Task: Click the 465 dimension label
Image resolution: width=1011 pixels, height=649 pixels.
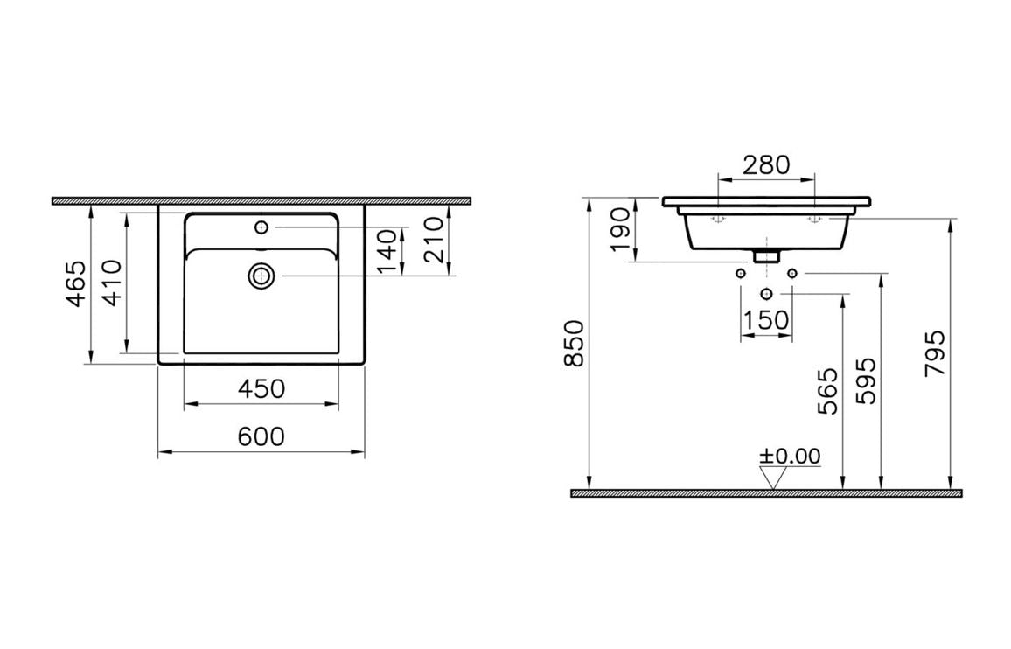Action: point(77,284)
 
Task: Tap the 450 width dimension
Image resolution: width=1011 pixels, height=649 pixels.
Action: point(261,389)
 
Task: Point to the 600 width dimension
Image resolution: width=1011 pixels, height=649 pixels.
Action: point(261,436)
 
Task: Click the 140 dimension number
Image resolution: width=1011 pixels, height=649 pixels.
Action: point(391,250)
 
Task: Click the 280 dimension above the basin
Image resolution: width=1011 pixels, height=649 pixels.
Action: point(765,164)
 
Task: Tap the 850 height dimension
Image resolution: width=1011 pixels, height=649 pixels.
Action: point(575,344)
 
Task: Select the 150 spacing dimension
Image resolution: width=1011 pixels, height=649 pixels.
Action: point(766,320)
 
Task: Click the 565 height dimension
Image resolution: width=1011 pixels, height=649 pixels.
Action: point(826,391)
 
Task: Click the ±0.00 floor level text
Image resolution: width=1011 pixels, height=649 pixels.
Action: point(790,456)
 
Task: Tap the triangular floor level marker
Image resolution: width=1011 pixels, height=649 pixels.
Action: point(773,478)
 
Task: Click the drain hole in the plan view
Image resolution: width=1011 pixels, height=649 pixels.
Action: point(261,276)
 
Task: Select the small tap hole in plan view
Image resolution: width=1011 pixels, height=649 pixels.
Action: point(261,227)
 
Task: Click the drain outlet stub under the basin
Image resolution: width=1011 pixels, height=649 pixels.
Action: point(766,256)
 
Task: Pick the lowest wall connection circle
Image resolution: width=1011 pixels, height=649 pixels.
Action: point(767,293)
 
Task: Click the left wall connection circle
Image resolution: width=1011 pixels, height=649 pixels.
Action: point(742,274)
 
